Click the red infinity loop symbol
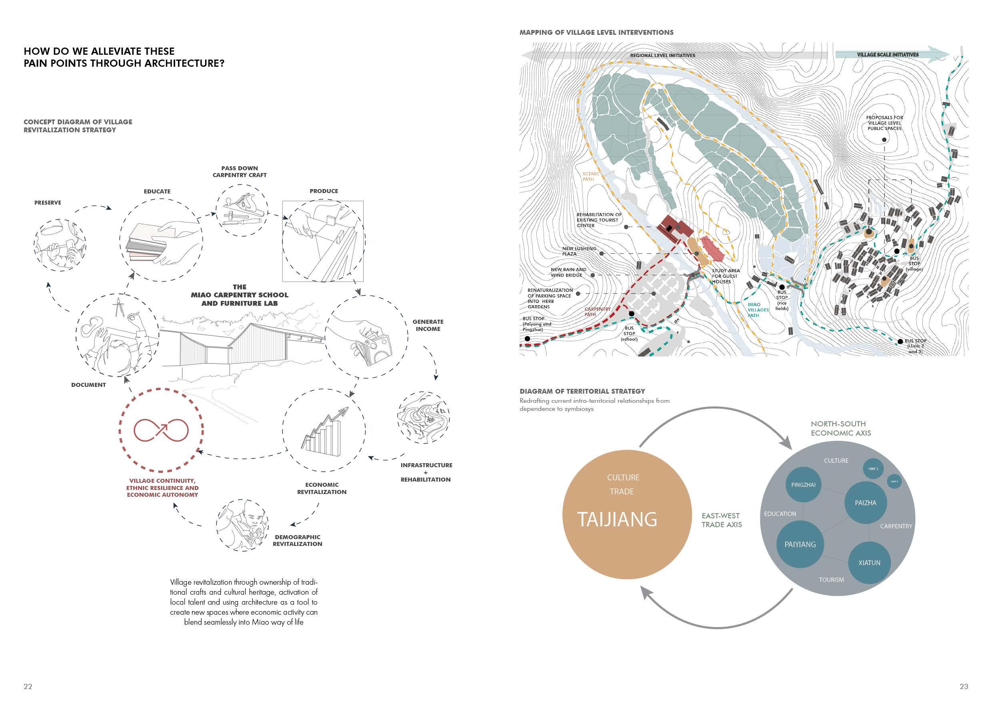tap(161, 430)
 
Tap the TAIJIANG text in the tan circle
tap(617, 519)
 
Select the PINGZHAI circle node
tap(803, 485)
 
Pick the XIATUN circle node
tap(869, 562)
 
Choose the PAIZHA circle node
tap(866, 503)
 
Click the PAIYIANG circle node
tap(800, 544)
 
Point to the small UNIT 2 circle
tap(873, 469)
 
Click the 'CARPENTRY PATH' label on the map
tap(597, 312)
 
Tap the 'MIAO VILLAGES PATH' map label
tap(758, 310)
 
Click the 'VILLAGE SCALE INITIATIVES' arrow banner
tap(888, 55)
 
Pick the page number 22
tap(28, 686)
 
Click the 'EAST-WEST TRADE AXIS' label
tap(722, 520)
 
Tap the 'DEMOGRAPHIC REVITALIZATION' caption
tap(297, 540)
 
